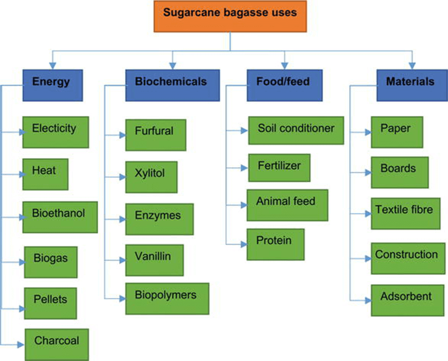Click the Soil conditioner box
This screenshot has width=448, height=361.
coord(296,130)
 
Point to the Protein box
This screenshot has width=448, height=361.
coord(275,244)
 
